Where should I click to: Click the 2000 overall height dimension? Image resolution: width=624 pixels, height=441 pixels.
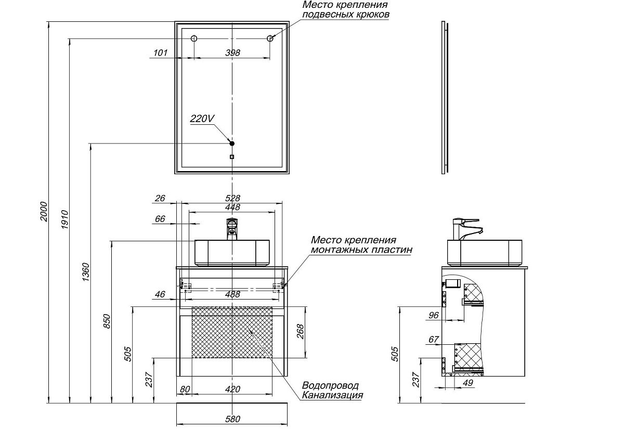[44, 211]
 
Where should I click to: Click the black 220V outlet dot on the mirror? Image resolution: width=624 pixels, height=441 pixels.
[232, 144]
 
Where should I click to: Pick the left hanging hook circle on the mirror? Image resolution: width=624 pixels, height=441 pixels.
[194, 38]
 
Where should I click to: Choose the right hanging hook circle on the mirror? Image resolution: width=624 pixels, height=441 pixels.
[270, 38]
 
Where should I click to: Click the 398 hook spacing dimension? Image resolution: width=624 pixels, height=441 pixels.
[233, 53]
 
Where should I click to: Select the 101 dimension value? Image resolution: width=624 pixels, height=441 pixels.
[161, 53]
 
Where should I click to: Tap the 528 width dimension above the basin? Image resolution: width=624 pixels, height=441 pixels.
[232, 198]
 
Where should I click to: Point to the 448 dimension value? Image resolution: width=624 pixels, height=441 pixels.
[232, 207]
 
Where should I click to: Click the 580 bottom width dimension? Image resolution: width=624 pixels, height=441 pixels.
[232, 419]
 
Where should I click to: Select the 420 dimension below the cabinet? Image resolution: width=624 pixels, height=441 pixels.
[232, 390]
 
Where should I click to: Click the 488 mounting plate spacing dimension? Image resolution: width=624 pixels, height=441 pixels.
[232, 294]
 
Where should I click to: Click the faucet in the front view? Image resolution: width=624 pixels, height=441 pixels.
[232, 229]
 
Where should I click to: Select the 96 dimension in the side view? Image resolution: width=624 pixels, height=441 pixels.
[434, 315]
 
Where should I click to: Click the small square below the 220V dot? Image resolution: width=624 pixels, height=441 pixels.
[232, 157]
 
